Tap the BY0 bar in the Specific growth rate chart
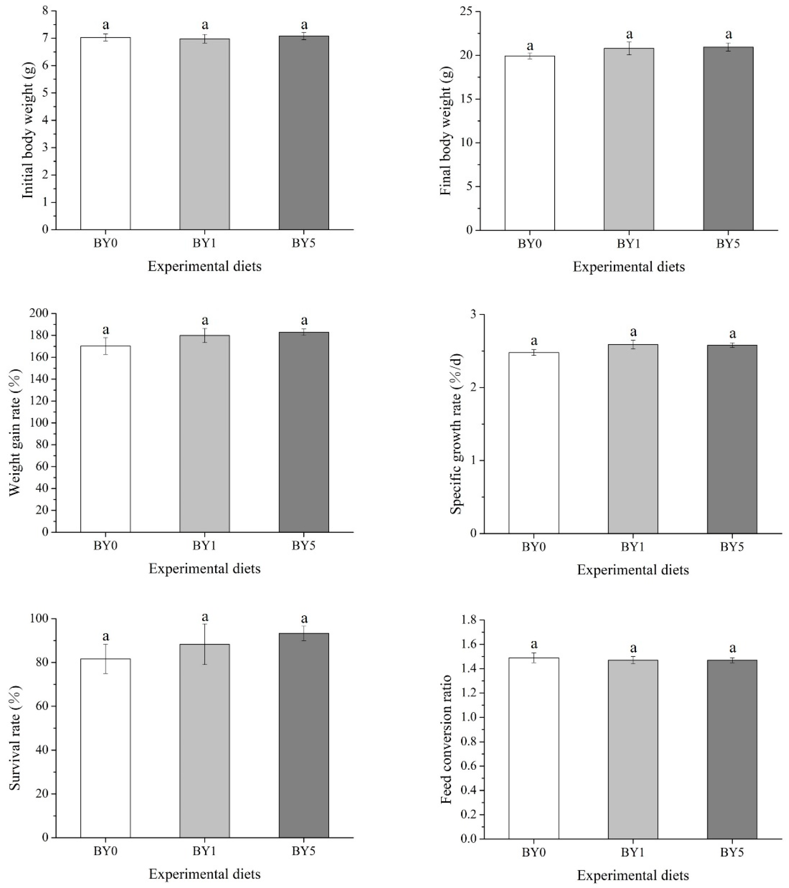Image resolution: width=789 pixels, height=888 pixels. click(534, 443)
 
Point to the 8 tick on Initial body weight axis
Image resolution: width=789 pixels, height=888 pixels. click(46, 11)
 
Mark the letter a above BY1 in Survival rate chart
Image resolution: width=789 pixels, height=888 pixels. click(205, 617)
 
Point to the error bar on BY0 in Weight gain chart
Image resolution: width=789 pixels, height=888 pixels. click(106, 346)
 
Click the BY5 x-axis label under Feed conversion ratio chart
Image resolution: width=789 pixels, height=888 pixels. click(732, 853)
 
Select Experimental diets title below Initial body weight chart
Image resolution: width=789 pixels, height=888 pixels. click(205, 266)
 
